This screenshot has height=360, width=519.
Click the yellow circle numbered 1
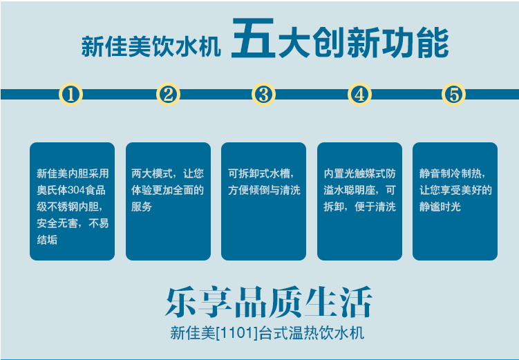[70, 94]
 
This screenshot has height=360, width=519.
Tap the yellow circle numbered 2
[168, 94]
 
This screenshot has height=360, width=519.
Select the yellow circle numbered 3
[263, 94]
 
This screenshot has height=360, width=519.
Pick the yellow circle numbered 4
[359, 94]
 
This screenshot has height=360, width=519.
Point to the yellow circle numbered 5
[453, 94]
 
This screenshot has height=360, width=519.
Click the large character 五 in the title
[253, 39]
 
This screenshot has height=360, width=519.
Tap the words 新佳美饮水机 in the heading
[151, 47]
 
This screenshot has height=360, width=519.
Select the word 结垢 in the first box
[47, 240]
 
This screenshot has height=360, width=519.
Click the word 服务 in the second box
[142, 207]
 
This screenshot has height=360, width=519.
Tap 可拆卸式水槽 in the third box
[258, 173]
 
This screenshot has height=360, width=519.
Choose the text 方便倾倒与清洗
[264, 190]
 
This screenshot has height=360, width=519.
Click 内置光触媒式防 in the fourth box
[360, 173]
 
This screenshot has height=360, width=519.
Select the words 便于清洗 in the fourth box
[375, 207]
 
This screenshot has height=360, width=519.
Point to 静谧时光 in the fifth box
[440, 207]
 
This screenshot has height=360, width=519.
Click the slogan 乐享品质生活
[269, 302]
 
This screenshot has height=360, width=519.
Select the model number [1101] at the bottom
[236, 332]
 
